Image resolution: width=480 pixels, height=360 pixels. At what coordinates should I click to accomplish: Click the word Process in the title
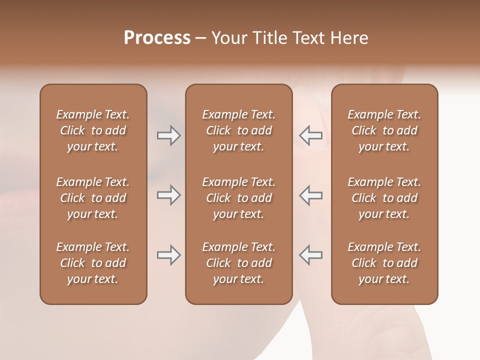(157, 38)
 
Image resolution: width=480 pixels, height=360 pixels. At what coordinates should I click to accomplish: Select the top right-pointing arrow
(168, 135)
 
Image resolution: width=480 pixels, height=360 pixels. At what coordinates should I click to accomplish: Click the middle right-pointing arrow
(168, 195)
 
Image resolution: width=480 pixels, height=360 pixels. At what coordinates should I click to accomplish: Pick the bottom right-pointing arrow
(168, 255)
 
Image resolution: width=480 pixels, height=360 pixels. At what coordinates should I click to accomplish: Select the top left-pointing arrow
(310, 135)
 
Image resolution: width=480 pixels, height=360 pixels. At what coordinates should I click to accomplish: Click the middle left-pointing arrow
(310, 195)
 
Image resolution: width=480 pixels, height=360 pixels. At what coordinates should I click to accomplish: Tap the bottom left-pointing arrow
(310, 255)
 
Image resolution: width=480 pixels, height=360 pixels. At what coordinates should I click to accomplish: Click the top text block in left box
(93, 130)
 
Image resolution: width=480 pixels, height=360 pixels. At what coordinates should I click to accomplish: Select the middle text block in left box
(93, 198)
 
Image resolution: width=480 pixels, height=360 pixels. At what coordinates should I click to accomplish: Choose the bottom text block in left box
(93, 263)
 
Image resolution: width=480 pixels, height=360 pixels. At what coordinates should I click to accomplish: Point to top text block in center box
(239, 130)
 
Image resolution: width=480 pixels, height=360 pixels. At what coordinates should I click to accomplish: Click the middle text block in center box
(239, 198)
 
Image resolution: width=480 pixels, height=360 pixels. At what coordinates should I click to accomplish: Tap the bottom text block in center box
(239, 263)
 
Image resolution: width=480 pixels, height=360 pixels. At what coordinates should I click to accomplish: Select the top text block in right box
(384, 130)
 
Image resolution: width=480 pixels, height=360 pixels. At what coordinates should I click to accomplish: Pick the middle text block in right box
(384, 198)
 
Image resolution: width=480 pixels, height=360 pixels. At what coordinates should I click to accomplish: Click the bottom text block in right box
(384, 263)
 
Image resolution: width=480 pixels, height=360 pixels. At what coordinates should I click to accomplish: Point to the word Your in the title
(228, 38)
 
